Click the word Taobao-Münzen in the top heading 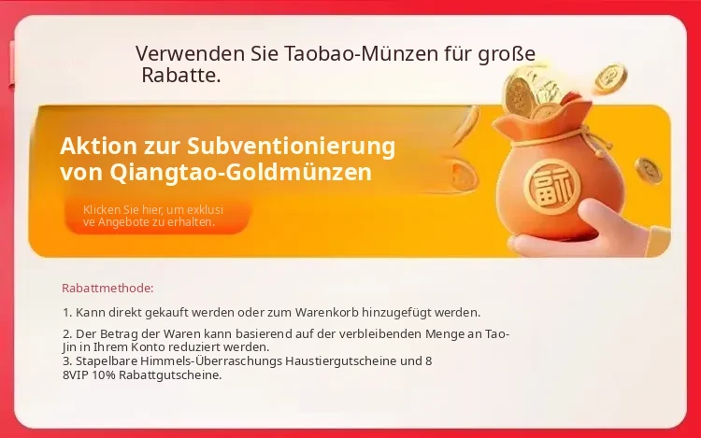(361, 53)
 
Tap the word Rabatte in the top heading (181, 76)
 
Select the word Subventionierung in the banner (291, 147)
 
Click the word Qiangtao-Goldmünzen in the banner (240, 173)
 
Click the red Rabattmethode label (107, 289)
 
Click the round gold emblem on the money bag (551, 187)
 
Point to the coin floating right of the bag (648, 170)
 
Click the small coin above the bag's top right (610, 78)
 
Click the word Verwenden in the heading (191, 53)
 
